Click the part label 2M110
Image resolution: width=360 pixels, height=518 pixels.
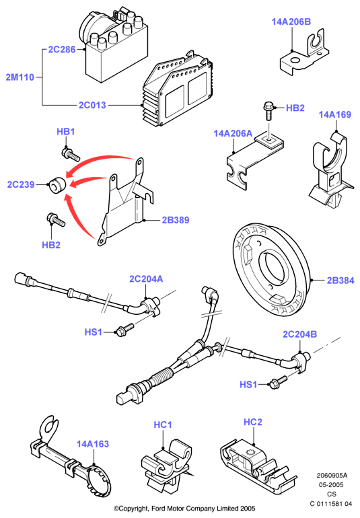pos(20,77)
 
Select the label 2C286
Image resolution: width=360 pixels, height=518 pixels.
pos(62,50)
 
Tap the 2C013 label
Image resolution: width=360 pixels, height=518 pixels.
pos(92,105)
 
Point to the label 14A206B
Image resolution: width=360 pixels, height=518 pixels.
pos(291,22)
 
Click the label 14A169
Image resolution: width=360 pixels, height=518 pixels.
pos(335,114)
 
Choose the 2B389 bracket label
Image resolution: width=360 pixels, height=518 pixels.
pos(176,220)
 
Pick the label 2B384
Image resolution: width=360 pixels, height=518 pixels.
pos(340,281)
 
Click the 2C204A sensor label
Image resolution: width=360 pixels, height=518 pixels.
pos(146,279)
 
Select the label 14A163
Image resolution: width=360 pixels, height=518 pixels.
pos(93,444)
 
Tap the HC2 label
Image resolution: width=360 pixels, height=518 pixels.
pos(253,422)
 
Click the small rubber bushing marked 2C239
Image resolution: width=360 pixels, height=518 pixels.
pos(57,185)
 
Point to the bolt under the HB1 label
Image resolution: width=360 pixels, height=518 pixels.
pos(71,155)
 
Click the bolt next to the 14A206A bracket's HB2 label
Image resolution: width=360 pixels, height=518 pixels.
pos(268,111)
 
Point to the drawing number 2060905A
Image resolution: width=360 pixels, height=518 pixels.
pos(332,476)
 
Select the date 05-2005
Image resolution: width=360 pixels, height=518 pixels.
pos(331,485)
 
